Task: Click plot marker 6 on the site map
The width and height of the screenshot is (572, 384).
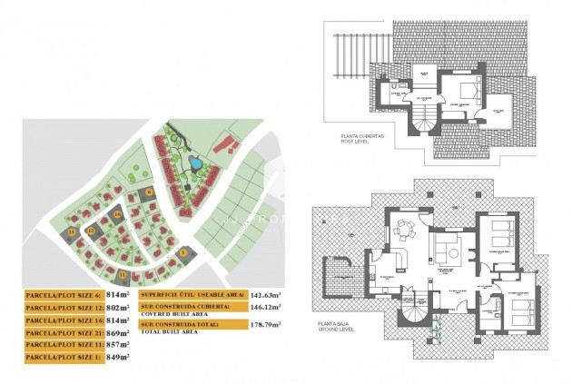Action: pyautogui.click(x=149, y=192)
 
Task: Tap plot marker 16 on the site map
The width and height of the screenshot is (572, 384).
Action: pyautogui.click(x=117, y=215)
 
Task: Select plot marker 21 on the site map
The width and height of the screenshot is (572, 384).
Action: pyautogui.click(x=72, y=233)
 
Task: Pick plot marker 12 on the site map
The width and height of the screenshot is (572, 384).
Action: pyautogui.click(x=91, y=231)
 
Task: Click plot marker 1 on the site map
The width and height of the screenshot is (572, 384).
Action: pyautogui.click(x=182, y=252)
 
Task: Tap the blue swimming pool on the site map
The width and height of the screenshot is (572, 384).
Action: pyautogui.click(x=195, y=164)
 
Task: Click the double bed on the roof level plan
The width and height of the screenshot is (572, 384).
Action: pyautogui.click(x=469, y=90)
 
